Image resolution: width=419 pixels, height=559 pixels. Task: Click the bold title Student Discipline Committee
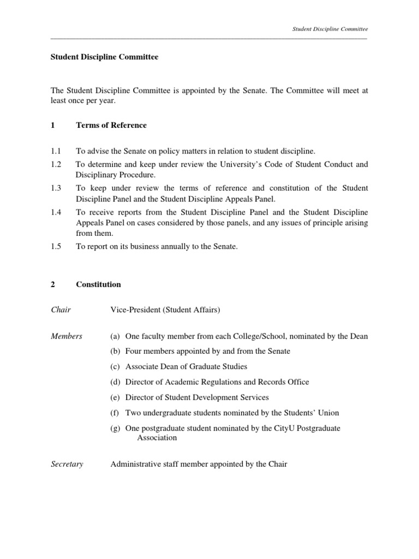[104, 57]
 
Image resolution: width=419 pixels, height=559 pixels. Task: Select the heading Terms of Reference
[111, 125]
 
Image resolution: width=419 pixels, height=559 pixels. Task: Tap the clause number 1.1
[56, 150]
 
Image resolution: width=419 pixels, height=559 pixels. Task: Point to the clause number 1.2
[56, 164]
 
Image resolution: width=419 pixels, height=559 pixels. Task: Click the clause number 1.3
[56, 188]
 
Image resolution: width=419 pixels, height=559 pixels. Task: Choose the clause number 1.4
[56, 212]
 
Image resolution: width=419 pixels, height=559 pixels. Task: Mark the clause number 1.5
[56, 246]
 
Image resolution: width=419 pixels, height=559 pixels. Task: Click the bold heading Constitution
[98, 284]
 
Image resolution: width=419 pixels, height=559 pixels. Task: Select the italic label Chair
[61, 310]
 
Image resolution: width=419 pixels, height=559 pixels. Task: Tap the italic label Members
[67, 336]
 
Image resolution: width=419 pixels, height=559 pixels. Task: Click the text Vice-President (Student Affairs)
[165, 310]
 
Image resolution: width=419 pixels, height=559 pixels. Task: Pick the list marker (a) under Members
[116, 336]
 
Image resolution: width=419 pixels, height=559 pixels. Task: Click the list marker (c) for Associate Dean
[116, 367]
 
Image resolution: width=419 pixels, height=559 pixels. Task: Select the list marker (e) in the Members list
[116, 397]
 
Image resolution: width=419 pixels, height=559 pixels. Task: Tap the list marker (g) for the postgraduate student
[116, 428]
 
